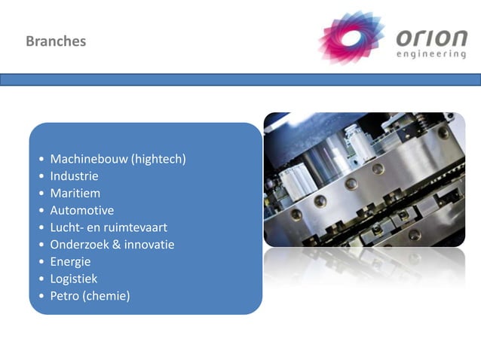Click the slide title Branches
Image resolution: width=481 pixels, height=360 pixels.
point(56,41)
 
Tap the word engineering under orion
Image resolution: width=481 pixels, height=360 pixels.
point(430,54)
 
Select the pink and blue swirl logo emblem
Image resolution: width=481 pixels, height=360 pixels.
point(351,37)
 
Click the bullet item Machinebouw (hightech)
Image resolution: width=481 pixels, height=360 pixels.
point(118,159)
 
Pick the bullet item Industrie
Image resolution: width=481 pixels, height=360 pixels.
point(74,176)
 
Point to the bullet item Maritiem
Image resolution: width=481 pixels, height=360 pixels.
point(75,193)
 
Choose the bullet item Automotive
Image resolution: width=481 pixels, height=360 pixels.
point(81,210)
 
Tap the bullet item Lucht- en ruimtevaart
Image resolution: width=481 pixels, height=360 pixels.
point(109,227)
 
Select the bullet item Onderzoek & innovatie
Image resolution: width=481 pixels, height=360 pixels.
point(112,244)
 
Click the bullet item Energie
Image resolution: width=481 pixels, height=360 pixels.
point(70,261)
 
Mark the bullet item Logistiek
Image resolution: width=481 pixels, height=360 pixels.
point(73,279)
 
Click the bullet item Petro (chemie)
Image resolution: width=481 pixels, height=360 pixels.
point(90,296)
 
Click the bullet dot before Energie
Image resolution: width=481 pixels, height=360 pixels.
point(41,262)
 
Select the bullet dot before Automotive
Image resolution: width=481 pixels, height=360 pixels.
point(41,211)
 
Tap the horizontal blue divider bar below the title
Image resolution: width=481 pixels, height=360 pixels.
point(240,79)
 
